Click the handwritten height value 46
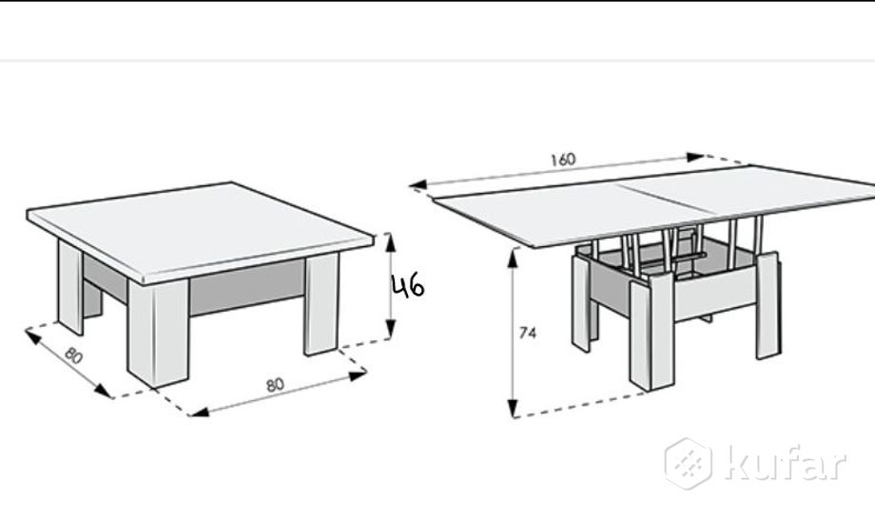pyautogui.click(x=408, y=286)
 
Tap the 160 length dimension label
pyautogui.click(x=562, y=160)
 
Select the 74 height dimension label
pyautogui.click(x=527, y=333)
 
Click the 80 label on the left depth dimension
pyautogui.click(x=73, y=355)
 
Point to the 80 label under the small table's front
pyautogui.click(x=275, y=385)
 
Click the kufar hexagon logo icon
pyautogui.click(x=689, y=464)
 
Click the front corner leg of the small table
pyautogui.click(x=159, y=333)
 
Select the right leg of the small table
pyautogui.click(x=321, y=304)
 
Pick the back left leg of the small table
pyautogui.click(x=70, y=286)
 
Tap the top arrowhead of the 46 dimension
pyautogui.click(x=390, y=243)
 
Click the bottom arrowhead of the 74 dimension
pyautogui.click(x=513, y=408)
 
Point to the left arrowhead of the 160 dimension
pyautogui.click(x=418, y=184)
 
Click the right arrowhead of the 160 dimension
pyautogui.click(x=695, y=157)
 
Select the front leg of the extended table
pyautogui.click(x=651, y=332)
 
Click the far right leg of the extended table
pyautogui.click(x=768, y=305)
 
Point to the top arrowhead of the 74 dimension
pyautogui.click(x=513, y=259)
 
